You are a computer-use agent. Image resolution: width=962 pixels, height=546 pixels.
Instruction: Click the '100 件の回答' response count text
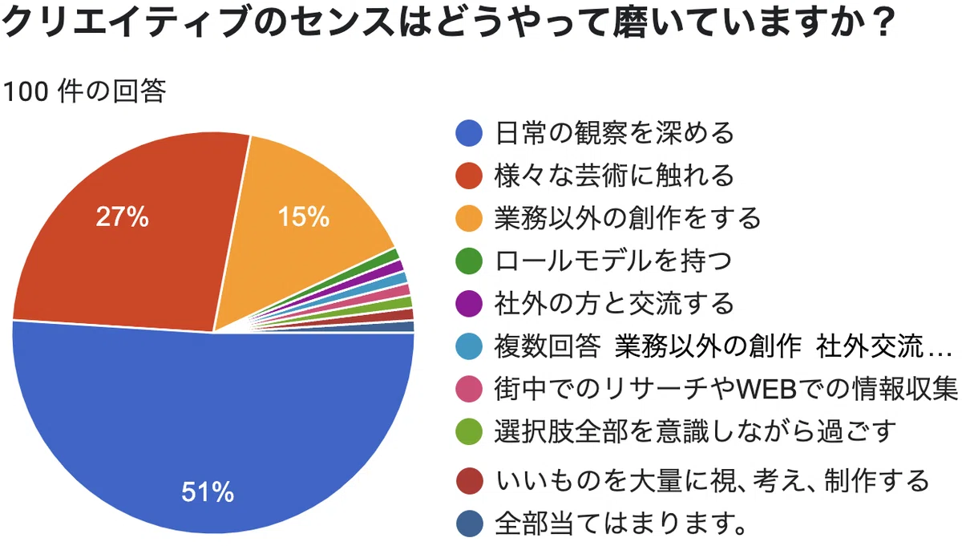[x=84, y=91]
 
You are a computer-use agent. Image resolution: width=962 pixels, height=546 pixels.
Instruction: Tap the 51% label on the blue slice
[x=208, y=491]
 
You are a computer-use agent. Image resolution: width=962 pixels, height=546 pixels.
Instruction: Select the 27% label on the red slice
[x=123, y=216]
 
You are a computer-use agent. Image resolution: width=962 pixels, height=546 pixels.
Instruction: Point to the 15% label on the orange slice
[x=304, y=216]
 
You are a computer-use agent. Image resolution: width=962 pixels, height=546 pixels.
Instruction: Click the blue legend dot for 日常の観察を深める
[x=469, y=133]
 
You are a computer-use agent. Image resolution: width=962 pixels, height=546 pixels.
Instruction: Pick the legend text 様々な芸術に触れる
[x=614, y=176]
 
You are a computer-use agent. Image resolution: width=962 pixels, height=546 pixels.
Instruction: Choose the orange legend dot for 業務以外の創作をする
[x=469, y=219]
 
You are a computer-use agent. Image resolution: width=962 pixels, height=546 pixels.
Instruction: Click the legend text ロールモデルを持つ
[x=613, y=261]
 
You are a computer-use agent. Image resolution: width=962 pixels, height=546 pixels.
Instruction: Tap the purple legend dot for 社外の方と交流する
[x=469, y=304]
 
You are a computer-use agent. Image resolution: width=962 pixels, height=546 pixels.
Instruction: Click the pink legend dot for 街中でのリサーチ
[x=469, y=389]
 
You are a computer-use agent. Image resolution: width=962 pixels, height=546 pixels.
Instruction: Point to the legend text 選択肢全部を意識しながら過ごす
[x=696, y=431]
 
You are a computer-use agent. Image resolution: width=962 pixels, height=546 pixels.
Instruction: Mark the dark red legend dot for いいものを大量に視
[x=470, y=481]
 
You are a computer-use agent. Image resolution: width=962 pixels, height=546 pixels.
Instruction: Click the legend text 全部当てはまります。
[x=621, y=524]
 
